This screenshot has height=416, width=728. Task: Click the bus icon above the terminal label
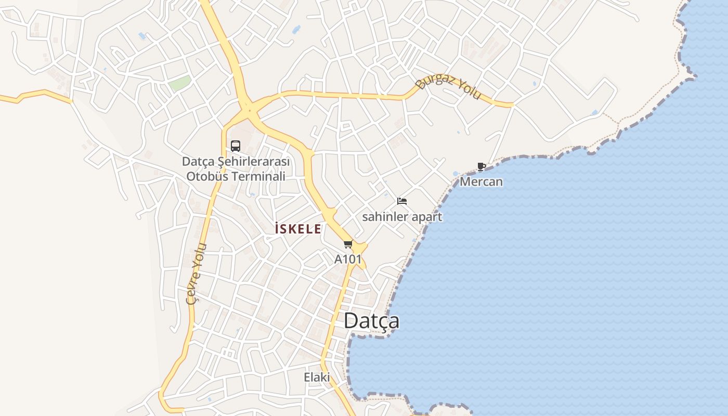[x=236, y=146]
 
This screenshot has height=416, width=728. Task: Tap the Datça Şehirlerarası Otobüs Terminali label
[x=236, y=169]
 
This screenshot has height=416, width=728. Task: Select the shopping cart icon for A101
[x=348, y=244]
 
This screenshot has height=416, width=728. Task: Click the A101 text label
[x=348, y=259]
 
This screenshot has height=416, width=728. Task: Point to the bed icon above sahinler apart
[x=401, y=201]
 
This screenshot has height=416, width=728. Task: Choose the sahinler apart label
[x=402, y=217]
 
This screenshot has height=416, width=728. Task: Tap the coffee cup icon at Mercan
[x=482, y=167]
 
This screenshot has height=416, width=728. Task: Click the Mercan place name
[x=481, y=181]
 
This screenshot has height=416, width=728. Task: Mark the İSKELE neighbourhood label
[x=298, y=229]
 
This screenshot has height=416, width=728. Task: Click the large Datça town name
[x=371, y=320]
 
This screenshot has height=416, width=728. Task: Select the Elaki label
[x=317, y=377]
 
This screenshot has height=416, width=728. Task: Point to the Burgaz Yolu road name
[x=448, y=88]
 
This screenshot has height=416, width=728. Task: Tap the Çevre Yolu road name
[x=197, y=274]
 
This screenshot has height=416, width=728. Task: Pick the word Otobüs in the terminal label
[x=207, y=176]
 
